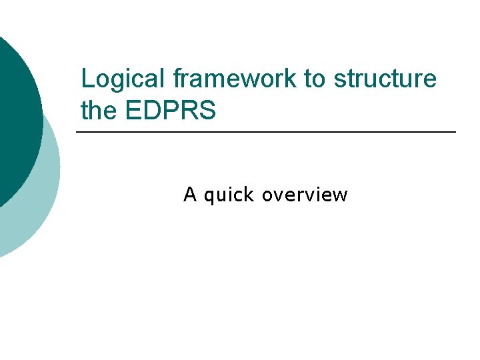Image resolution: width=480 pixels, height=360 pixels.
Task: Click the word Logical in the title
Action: (x=123, y=79)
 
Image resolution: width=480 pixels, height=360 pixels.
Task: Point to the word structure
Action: (x=385, y=79)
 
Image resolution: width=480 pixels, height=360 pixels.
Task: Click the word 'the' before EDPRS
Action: (x=98, y=111)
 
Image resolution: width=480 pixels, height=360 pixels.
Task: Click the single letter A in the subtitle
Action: (x=190, y=195)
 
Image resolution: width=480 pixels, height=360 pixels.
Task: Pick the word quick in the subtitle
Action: (x=229, y=195)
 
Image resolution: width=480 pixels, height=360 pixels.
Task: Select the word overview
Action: (x=305, y=195)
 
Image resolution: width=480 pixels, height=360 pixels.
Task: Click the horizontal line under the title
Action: (x=267, y=133)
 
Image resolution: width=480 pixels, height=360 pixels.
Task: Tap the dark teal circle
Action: (x=13, y=120)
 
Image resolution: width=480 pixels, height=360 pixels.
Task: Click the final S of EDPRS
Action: (x=207, y=111)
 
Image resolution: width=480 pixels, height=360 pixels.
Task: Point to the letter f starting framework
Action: (x=176, y=79)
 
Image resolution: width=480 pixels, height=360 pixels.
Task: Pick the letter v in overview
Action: (x=277, y=195)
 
